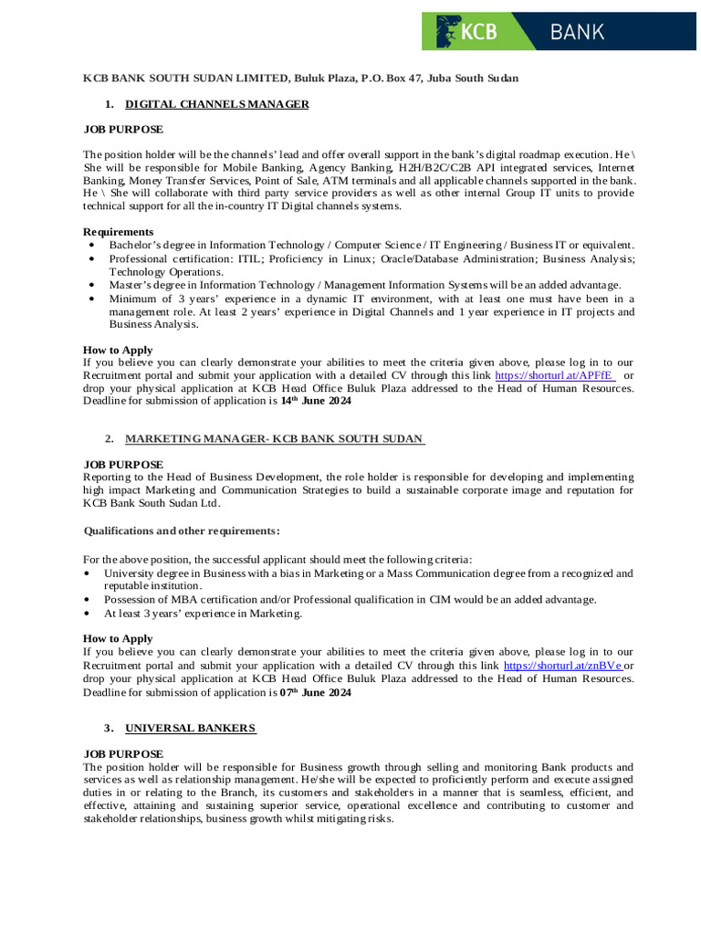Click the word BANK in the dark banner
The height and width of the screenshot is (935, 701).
click(x=577, y=32)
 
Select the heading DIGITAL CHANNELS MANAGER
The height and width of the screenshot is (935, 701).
click(x=216, y=104)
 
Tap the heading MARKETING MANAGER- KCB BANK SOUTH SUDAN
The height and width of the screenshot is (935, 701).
click(x=275, y=439)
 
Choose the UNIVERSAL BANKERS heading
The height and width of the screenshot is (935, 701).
click(x=191, y=728)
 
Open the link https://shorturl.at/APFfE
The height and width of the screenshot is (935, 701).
click(x=554, y=375)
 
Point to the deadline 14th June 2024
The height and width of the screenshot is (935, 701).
click(x=315, y=401)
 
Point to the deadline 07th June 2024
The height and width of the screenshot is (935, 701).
click(x=315, y=693)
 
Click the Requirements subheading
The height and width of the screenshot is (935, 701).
click(x=119, y=232)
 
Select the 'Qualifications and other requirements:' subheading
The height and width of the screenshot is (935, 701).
click(x=182, y=531)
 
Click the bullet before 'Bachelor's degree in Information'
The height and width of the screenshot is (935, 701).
click(x=92, y=246)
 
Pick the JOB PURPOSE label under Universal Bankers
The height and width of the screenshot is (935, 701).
click(x=123, y=753)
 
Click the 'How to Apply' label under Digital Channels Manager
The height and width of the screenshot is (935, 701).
click(x=118, y=350)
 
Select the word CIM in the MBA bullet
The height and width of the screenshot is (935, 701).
click(x=455, y=599)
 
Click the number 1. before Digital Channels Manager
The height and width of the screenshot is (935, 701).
click(x=110, y=104)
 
